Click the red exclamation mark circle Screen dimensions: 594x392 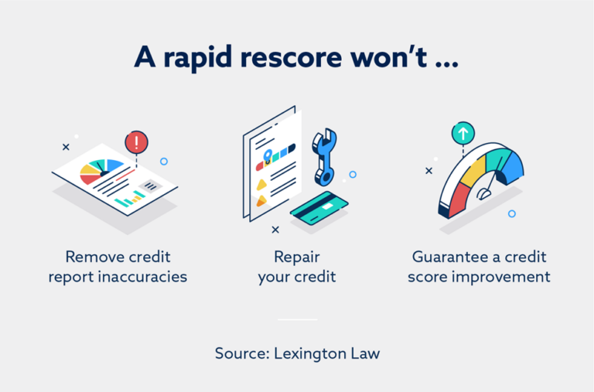coord(136,142)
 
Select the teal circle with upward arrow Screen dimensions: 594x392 coord(463,134)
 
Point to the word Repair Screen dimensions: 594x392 coord(296,257)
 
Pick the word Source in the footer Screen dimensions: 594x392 coord(240,353)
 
